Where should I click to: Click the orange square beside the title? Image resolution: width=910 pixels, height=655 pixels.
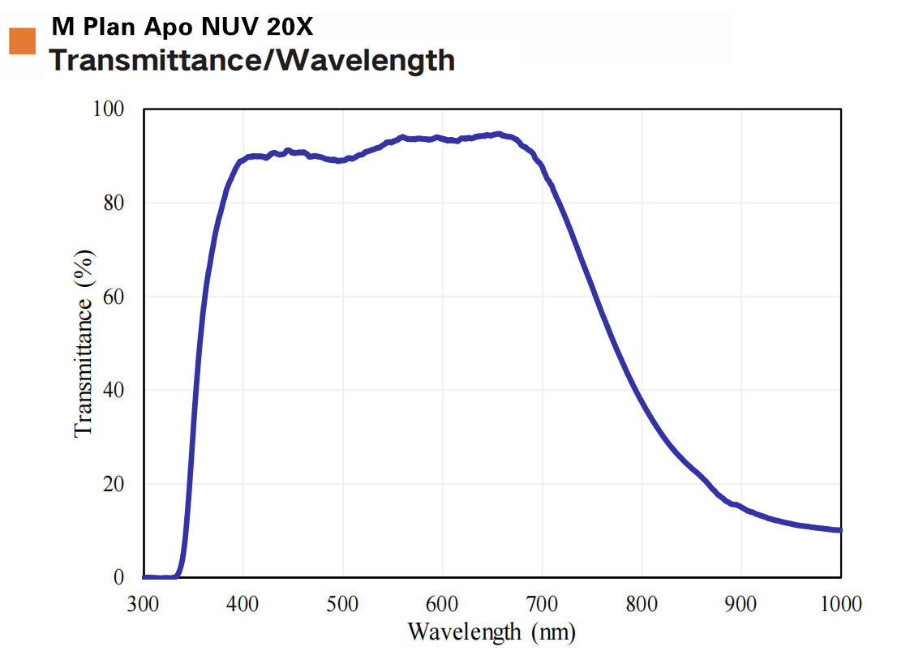pos(22,41)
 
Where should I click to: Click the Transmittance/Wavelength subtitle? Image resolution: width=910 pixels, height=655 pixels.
pos(252,60)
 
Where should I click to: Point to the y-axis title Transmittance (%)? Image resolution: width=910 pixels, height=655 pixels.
pos(84,343)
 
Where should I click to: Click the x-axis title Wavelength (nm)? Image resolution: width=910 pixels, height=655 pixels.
pos(491,631)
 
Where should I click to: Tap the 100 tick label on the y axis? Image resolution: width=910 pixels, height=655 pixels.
pos(117,109)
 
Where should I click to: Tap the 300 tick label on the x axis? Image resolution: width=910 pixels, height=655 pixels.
pos(144,604)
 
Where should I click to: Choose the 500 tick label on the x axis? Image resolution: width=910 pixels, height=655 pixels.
pos(343,604)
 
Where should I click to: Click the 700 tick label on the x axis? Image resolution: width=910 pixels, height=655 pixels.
pos(543,604)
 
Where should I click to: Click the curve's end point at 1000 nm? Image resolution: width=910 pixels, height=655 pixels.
pos(841,530)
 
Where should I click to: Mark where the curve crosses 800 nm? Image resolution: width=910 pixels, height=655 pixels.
pos(642,403)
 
